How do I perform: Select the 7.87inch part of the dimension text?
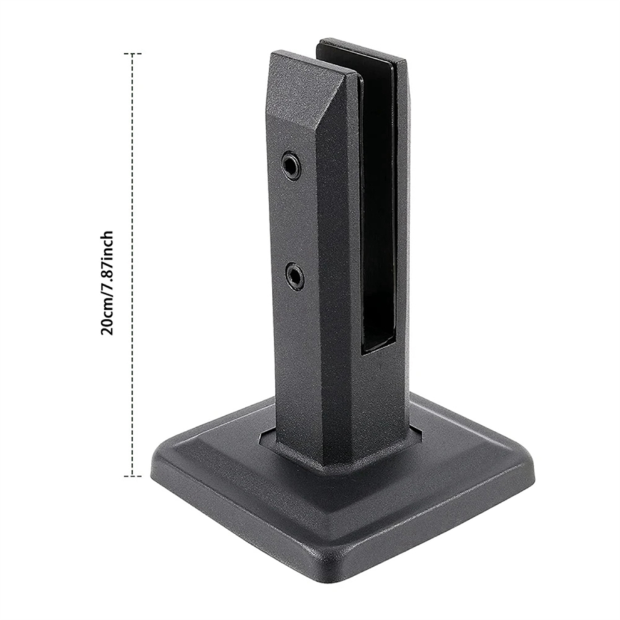tap(107, 259)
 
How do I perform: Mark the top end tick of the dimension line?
tap(133, 53)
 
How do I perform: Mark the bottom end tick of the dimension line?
tap(133, 477)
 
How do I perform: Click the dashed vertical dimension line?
tap(133, 265)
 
